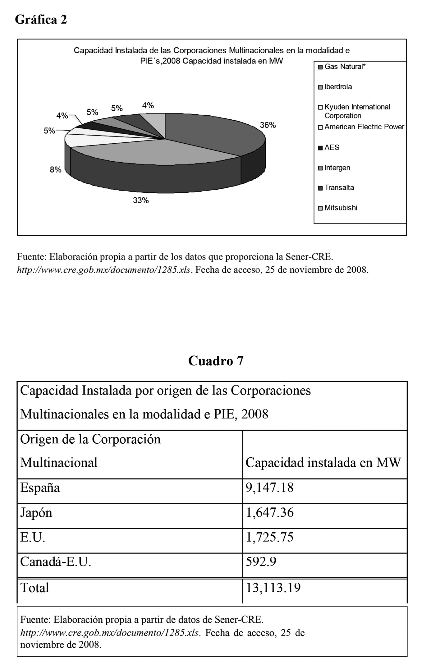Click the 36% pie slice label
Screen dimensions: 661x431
click(x=268, y=125)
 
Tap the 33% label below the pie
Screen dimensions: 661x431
click(x=141, y=201)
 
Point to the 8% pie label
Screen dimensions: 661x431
click(x=56, y=170)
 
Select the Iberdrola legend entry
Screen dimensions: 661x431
click(x=338, y=87)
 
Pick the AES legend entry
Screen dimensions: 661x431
click(x=332, y=147)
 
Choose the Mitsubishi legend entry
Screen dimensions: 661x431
click(x=341, y=208)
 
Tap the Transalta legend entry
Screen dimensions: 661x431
click(x=339, y=187)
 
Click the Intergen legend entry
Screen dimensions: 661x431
click(x=337, y=168)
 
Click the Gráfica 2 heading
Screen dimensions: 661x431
click(x=41, y=20)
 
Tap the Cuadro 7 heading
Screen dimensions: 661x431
click(x=216, y=361)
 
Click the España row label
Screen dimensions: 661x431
click(x=40, y=488)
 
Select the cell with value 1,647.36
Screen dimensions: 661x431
click(x=269, y=512)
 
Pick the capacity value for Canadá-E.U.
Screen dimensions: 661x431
click(x=261, y=562)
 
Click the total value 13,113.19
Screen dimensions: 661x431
click(x=273, y=588)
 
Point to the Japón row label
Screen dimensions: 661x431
click(x=36, y=512)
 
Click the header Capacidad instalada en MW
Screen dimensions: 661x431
click(x=323, y=462)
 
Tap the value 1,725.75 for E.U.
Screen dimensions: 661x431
click(x=269, y=537)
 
